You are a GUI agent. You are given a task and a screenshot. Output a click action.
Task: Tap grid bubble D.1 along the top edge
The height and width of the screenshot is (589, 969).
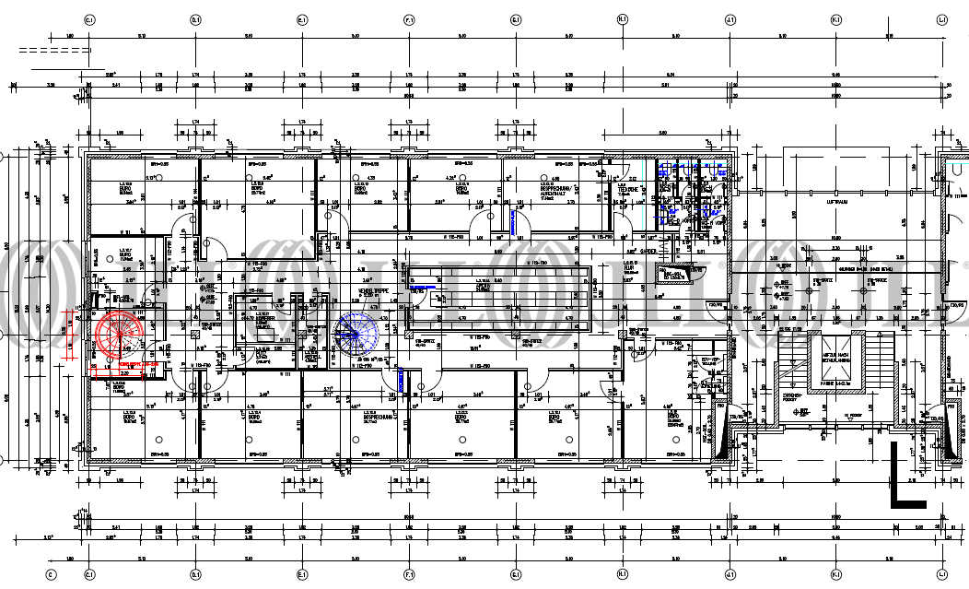(195, 18)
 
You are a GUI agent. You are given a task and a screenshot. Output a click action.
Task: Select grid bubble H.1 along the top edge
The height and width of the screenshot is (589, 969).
(622, 18)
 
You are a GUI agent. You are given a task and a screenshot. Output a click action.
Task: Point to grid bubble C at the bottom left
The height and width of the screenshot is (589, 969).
(52, 573)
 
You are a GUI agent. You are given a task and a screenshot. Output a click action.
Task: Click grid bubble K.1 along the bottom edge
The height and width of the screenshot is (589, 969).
(835, 573)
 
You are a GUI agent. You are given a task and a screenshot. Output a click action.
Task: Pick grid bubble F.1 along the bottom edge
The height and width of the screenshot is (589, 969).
(409, 573)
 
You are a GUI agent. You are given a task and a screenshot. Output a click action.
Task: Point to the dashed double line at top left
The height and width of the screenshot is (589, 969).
(53, 51)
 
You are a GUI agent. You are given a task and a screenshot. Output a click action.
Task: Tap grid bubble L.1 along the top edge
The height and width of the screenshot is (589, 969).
(941, 18)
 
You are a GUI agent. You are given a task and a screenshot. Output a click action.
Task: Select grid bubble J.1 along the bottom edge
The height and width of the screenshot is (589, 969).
(729, 573)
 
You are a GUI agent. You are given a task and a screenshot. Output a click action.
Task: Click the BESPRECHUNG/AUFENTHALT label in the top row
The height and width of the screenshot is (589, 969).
(554, 191)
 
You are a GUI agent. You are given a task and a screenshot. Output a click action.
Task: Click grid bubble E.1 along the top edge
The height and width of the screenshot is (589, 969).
(302, 18)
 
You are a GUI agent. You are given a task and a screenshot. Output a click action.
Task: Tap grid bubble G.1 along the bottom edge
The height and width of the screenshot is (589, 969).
(515, 573)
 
